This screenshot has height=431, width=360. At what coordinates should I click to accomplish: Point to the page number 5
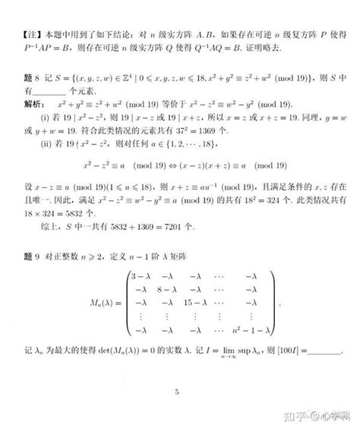point(176,392)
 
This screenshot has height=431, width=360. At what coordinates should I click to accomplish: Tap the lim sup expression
point(230,352)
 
